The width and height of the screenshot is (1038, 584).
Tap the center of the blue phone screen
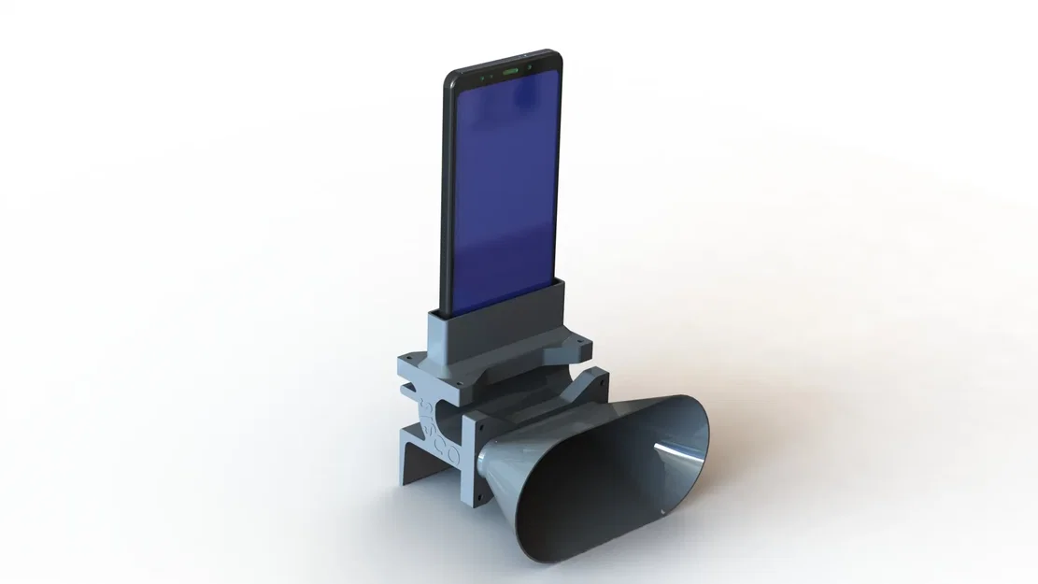[x=503, y=187]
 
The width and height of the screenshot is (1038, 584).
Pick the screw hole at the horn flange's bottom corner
[x=479, y=500]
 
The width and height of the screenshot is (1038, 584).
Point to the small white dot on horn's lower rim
[x=660, y=513]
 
